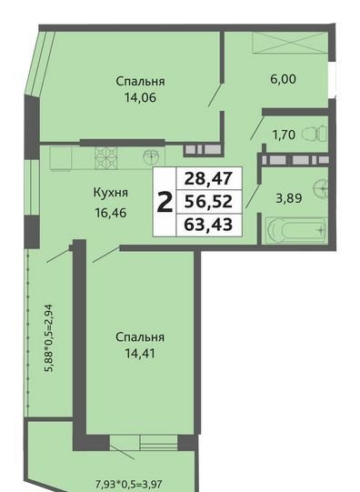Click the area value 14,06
(140, 98)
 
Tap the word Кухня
(111, 193)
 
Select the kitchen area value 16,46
(111, 213)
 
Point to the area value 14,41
(140, 354)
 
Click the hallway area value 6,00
(283, 79)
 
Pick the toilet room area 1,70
(284, 136)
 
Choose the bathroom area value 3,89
(289, 198)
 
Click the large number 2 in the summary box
(165, 203)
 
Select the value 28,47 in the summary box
(208, 178)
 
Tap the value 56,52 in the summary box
(208, 202)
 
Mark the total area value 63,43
(208, 225)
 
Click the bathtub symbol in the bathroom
(296, 230)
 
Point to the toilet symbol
(315, 135)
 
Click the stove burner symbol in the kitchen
(106, 158)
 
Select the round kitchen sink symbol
(152, 156)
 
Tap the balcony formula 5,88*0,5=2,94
(50, 338)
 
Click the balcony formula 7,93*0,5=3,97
(128, 484)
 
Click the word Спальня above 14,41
(140, 337)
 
